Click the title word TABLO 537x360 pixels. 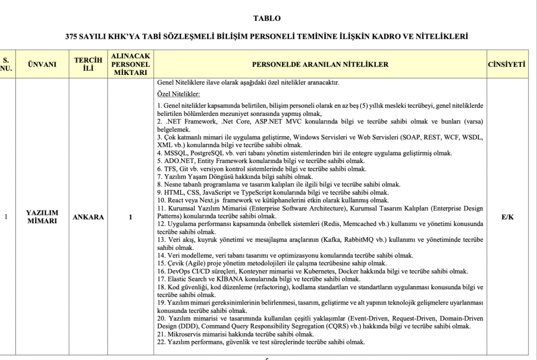coord(267,18)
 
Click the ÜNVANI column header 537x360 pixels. coord(41,64)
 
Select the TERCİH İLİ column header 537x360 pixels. coord(88,64)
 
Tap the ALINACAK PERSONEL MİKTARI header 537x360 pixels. coord(130,64)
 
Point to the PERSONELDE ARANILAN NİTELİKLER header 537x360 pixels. coord(320,64)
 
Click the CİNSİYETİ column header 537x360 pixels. coord(507,64)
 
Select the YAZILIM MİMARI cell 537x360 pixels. coord(41,216)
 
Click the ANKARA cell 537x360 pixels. coord(88,216)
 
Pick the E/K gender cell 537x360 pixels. coord(507,216)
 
